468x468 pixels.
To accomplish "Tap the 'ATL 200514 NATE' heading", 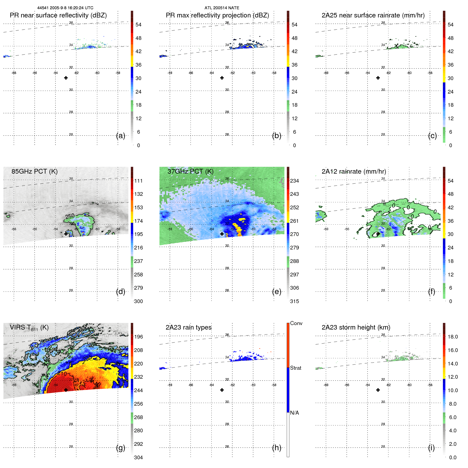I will coord(222,8).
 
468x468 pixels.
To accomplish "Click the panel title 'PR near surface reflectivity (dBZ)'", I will coord(58,15).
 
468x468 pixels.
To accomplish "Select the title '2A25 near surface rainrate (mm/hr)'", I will coord(373,15).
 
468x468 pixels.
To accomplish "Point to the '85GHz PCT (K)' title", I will coord(34,172).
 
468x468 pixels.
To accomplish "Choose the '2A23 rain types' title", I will coord(188,327).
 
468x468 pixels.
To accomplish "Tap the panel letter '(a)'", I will coord(121,136).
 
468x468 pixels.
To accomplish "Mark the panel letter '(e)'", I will coord(277,291).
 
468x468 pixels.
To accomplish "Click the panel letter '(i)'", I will coord(431,448).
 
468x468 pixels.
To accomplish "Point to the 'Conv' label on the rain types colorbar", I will coord(296,323).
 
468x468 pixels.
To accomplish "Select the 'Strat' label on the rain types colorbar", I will coord(296,368).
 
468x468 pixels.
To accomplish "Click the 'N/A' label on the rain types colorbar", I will coord(294,413).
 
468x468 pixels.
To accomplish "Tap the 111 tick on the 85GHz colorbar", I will coord(138,181).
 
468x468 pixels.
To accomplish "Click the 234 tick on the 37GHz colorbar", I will coord(294,181).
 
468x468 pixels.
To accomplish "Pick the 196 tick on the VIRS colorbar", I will coord(138,337).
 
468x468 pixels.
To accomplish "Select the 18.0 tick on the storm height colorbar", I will coord(453,337).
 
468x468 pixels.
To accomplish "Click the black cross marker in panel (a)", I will coord(66,78).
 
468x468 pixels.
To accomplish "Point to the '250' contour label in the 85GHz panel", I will coord(70,216).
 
